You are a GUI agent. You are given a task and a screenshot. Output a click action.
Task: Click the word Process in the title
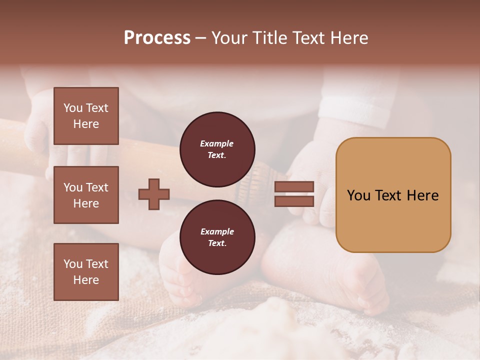pyautogui.click(x=157, y=38)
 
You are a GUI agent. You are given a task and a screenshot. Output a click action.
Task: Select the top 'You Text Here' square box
pyautogui.click(x=86, y=116)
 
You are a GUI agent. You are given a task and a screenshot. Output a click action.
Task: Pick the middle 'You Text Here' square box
pyautogui.click(x=86, y=195)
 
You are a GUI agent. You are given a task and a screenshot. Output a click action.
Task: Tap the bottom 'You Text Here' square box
pyautogui.click(x=86, y=272)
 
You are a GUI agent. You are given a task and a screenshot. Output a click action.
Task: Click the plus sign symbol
pyautogui.click(x=154, y=194)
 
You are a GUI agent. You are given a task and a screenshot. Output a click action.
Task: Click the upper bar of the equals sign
pyautogui.click(x=294, y=186)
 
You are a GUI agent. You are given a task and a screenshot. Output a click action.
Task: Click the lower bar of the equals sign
pyautogui.click(x=294, y=201)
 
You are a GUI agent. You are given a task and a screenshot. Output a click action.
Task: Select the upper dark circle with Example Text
pyautogui.click(x=217, y=149)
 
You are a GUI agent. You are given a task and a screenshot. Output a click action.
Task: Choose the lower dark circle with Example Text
pyautogui.click(x=217, y=237)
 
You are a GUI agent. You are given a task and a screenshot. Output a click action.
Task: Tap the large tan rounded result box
pyautogui.click(x=393, y=194)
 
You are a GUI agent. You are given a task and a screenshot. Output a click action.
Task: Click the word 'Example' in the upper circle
pyautogui.click(x=217, y=143)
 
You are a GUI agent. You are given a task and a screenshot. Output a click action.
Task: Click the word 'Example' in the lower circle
pyautogui.click(x=217, y=231)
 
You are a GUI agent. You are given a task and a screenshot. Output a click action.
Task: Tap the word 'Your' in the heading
pyautogui.click(x=230, y=38)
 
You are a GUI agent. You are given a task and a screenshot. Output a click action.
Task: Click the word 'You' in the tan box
pyautogui.click(x=359, y=195)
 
